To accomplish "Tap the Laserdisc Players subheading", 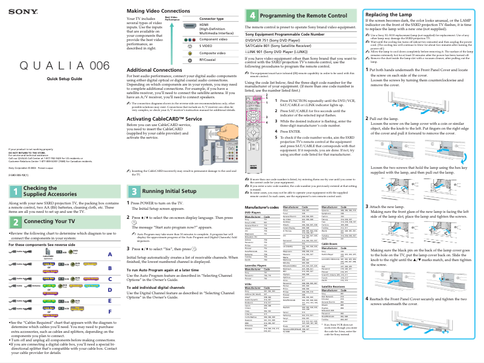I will pos(261,265).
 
